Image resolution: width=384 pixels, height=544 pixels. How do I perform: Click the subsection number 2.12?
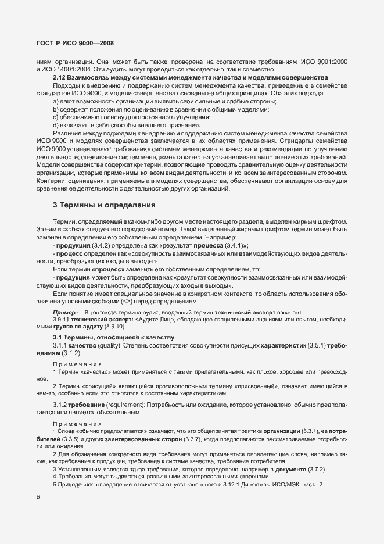59,78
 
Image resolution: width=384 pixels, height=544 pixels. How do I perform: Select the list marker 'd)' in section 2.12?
56,125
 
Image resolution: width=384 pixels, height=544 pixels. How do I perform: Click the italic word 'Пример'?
63,313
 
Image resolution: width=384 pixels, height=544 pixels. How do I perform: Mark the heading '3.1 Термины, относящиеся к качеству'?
107,338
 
